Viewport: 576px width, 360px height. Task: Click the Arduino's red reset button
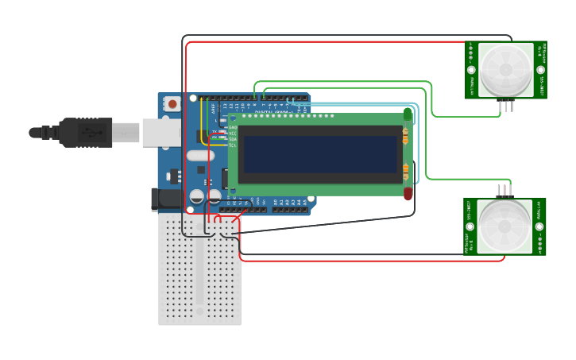click(172, 104)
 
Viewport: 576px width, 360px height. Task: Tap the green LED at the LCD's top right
click(408, 114)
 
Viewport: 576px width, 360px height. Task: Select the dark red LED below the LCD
click(408, 193)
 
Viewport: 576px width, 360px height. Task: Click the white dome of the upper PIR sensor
click(505, 70)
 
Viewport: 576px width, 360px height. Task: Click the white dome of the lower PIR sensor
click(504, 226)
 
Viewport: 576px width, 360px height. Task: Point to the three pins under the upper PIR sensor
click(505, 105)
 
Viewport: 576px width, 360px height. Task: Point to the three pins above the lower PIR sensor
click(504, 191)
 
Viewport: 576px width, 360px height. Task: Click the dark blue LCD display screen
click(320, 154)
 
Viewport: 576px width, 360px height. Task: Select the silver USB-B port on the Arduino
click(161, 133)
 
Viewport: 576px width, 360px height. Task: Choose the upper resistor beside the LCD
click(405, 137)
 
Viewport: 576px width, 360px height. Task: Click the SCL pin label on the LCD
click(232, 145)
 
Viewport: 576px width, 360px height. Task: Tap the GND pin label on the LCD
click(232, 127)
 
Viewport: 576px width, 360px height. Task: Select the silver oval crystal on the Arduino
click(199, 156)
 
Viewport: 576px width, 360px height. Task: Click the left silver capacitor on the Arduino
click(197, 195)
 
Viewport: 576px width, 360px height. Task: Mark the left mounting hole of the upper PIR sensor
click(471, 70)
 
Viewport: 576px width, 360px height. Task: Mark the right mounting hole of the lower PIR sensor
click(539, 226)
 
